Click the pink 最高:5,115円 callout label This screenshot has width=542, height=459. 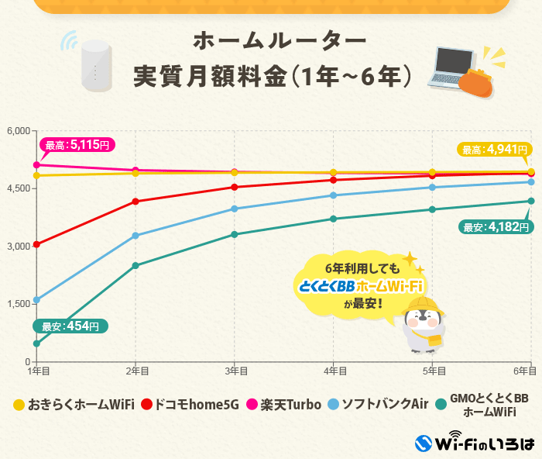[77, 144]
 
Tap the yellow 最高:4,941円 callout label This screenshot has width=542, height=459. [493, 150]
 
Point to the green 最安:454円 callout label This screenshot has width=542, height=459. [70, 326]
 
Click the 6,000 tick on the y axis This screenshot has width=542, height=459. [17, 130]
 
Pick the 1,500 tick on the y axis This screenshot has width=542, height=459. [17, 304]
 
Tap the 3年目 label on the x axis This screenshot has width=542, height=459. [235, 371]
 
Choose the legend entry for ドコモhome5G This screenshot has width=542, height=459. [189, 404]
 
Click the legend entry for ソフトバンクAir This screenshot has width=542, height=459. [378, 404]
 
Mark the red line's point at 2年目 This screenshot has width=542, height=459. [135, 202]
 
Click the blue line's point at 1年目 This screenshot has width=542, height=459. [36, 299]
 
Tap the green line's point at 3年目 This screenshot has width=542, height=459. [235, 234]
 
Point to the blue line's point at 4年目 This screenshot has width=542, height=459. [333, 195]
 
